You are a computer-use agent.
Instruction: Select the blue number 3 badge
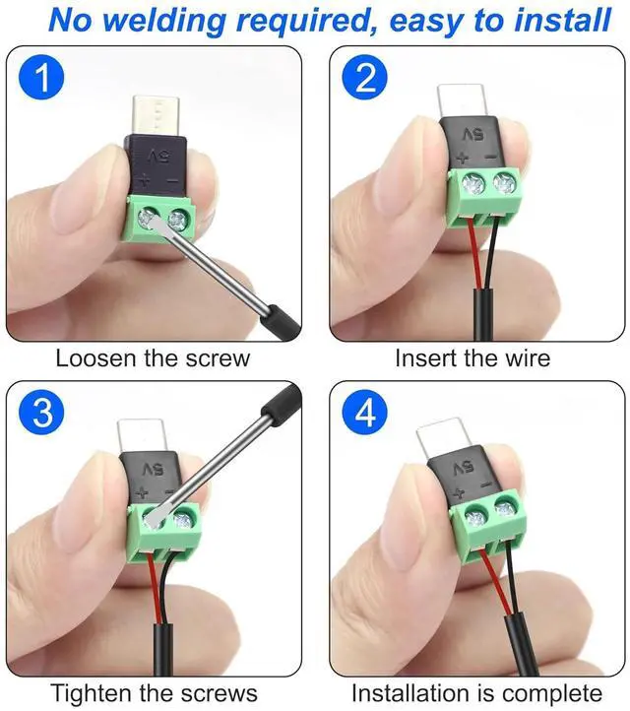click(41, 414)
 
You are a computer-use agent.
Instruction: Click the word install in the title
click(563, 20)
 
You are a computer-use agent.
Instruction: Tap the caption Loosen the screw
click(153, 357)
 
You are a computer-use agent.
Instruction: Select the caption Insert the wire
click(472, 357)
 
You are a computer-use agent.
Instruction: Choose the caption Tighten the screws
click(154, 693)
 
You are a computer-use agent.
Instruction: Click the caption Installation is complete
click(476, 693)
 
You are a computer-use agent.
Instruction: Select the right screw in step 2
click(507, 182)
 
